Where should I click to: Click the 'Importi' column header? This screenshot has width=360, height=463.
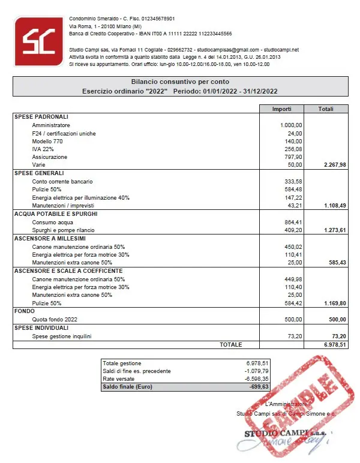click(x=281, y=109)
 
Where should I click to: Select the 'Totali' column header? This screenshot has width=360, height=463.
click(x=326, y=109)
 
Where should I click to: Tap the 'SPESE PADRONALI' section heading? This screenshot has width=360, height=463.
click(x=41, y=116)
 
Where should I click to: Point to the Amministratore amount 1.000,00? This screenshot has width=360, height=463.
click(x=291, y=125)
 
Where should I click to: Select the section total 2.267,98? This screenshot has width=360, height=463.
click(x=335, y=164)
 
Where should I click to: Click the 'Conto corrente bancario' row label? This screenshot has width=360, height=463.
click(x=63, y=181)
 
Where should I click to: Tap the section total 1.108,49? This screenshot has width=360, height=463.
click(x=335, y=205)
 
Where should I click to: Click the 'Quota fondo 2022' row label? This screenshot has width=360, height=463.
click(x=55, y=320)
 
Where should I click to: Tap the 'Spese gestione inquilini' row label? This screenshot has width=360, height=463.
click(x=62, y=336)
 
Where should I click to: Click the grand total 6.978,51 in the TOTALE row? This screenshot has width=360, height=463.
click(x=335, y=345)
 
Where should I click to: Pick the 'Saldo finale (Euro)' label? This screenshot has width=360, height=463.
click(x=129, y=387)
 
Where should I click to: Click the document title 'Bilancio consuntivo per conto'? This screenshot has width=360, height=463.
click(x=180, y=82)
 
